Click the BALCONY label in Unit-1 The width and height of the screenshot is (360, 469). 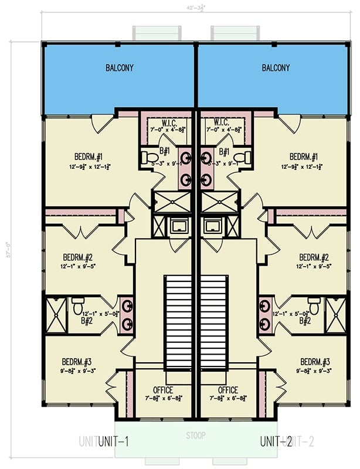[120, 68]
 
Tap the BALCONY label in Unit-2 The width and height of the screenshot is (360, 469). [276, 68]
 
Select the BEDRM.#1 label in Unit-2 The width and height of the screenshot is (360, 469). [303, 157]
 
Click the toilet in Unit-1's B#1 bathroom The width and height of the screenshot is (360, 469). [150, 157]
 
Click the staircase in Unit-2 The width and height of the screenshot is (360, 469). [213, 322]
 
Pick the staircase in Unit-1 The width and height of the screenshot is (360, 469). [178, 322]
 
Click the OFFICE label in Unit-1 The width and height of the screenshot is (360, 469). [164, 390]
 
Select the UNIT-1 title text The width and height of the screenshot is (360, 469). [114, 441]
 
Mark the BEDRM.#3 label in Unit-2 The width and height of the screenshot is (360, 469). [314, 361]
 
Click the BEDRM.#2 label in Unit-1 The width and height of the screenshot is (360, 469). [78, 257]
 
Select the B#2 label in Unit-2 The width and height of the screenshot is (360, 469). [304, 321]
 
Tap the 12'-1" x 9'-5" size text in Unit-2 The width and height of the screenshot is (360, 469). [314, 266]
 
